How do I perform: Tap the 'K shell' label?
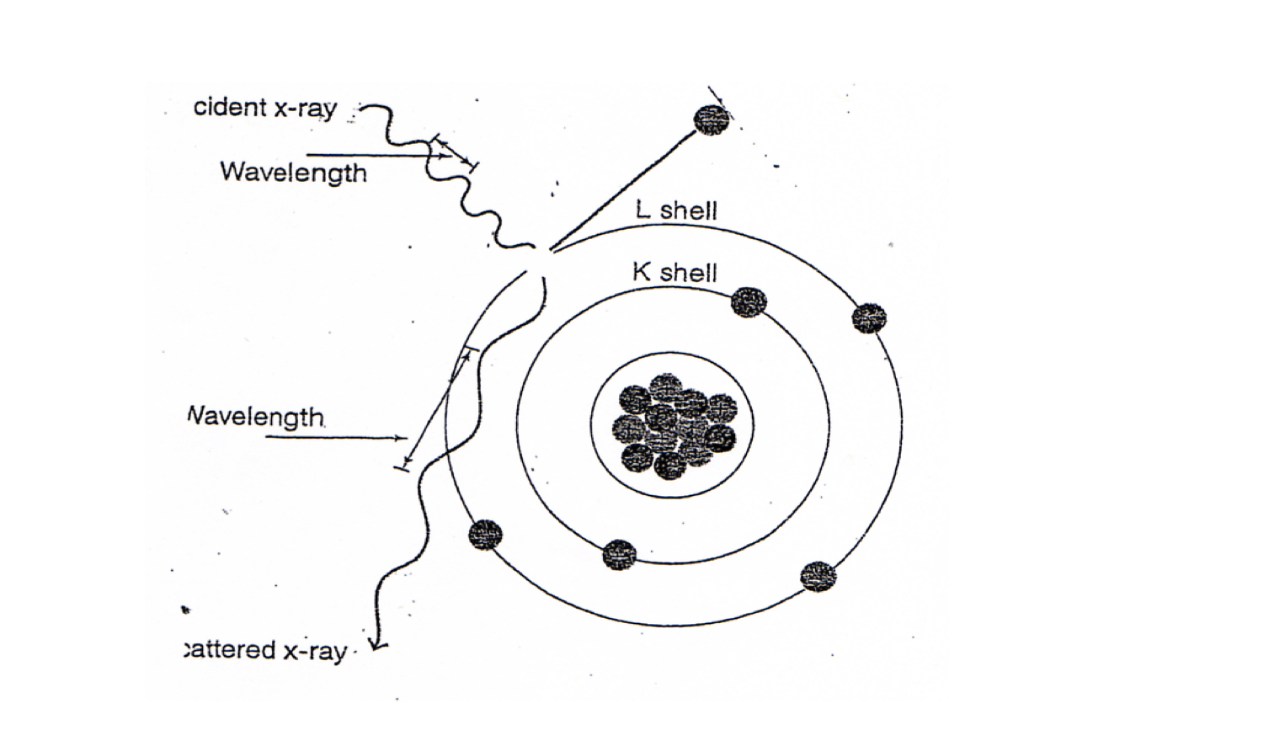[674, 272]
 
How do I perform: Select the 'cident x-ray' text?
[265, 108]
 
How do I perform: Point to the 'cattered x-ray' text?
[265, 650]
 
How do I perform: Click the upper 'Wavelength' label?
[293, 173]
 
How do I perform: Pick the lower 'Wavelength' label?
[255, 417]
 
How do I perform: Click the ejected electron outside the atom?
[712, 120]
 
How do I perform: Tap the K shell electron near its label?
[749, 302]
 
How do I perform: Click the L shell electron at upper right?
[869, 318]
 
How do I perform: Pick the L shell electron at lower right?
[818, 577]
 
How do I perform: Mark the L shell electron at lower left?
[485, 535]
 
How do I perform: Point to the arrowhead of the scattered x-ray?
[378, 645]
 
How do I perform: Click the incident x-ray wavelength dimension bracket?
[455, 152]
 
